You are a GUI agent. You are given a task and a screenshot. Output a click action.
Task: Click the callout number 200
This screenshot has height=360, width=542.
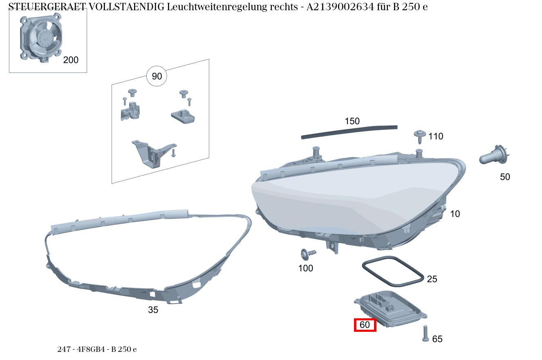click(x=71, y=60)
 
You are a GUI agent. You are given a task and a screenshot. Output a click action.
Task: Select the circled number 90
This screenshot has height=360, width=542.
click(x=157, y=76)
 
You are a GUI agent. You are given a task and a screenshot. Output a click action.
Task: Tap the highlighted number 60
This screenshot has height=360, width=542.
click(x=365, y=325)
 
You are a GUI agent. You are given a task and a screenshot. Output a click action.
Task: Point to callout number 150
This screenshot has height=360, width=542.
click(x=352, y=121)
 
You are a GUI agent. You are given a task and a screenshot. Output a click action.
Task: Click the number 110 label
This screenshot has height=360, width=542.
click(x=436, y=136)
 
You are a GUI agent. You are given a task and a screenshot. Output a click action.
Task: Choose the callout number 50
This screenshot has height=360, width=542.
click(x=505, y=177)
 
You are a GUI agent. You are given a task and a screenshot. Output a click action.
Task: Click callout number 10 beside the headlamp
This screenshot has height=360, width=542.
click(x=455, y=214)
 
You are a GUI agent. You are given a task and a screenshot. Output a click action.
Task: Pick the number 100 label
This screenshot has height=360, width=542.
click(x=306, y=268)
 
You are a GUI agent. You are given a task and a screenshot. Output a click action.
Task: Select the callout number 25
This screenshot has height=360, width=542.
click(x=432, y=279)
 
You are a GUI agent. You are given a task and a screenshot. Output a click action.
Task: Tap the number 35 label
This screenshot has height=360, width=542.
click(x=153, y=310)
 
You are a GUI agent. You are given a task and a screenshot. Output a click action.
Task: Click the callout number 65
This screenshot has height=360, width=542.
click(x=437, y=339)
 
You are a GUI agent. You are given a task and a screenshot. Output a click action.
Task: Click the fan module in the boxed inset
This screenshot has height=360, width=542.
click(x=41, y=38)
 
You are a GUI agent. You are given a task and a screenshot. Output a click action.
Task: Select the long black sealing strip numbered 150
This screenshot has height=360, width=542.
click(x=349, y=132)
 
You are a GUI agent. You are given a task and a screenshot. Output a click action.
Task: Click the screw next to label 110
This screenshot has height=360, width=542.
click(x=420, y=136)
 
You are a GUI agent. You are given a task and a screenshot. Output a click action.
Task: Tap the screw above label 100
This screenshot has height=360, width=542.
click(x=307, y=254)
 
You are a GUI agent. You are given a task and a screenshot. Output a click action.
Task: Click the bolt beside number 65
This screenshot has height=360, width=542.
click(x=425, y=333)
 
